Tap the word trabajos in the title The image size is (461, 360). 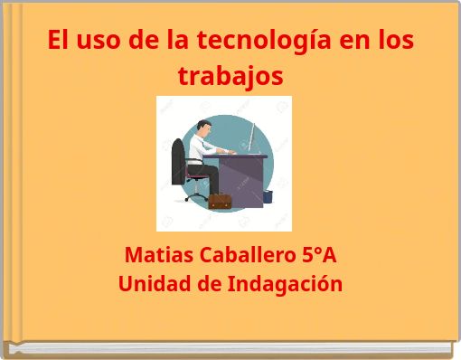point(230,76)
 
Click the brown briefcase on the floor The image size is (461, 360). point(220,201)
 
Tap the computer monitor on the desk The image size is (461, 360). point(254,137)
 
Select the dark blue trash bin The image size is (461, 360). point(268,195)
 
